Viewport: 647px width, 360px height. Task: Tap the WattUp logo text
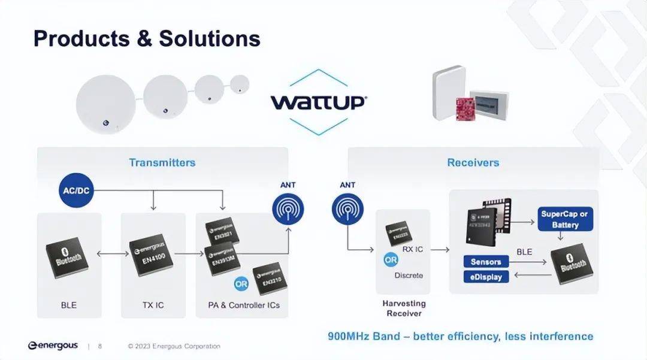point(318,102)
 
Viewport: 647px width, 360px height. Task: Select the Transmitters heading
point(162,162)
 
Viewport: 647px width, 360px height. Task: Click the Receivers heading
point(473,162)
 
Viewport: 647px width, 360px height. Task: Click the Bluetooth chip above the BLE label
point(69,258)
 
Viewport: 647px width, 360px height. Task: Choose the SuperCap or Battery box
point(565,219)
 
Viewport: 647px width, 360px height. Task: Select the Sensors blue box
point(486,262)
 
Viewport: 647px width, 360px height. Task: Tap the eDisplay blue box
point(486,277)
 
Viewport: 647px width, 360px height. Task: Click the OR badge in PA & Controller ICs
point(241,283)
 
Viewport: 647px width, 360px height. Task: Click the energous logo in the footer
point(53,346)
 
